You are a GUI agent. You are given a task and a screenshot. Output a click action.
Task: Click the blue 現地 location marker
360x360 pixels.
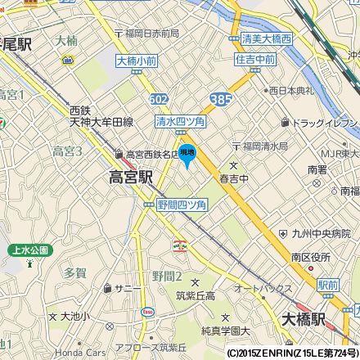187,152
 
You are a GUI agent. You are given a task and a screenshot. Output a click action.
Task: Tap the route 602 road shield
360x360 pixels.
160,98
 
